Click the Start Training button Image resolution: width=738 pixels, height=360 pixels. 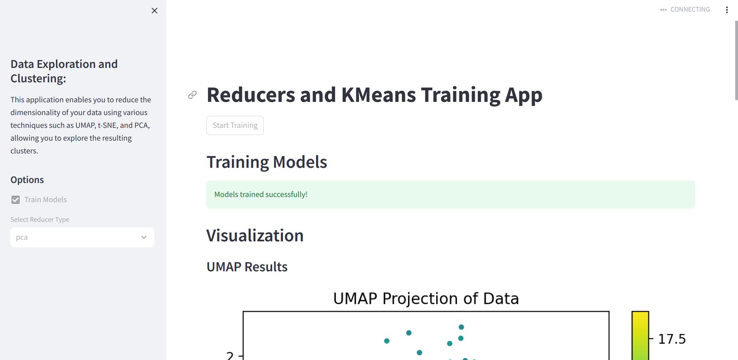[235, 125]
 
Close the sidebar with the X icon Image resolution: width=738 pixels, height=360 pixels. [154, 10]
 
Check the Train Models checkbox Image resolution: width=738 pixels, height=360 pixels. [16, 200]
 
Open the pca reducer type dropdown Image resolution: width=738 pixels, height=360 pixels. [82, 237]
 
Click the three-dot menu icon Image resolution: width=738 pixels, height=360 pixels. [727, 10]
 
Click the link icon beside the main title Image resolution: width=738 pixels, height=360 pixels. [192, 95]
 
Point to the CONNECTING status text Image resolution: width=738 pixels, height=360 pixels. [690, 9]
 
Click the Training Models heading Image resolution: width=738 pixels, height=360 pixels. [267, 162]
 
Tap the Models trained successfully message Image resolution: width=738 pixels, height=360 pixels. [261, 195]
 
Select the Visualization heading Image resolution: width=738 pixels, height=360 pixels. [255, 236]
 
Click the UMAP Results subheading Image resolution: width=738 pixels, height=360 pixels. [247, 267]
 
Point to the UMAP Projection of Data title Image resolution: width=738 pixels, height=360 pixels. [426, 298]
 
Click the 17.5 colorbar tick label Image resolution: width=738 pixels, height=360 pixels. [672, 339]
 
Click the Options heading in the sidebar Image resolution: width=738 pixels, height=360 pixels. [27, 180]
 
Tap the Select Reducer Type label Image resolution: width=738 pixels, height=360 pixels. [40, 219]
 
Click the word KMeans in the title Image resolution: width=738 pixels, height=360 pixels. [379, 95]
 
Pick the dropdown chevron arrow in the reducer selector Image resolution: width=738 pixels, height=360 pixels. [144, 237]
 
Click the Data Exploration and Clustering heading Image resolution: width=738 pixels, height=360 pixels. [64, 71]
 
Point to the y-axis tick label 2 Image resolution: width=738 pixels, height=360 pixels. [230, 355]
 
